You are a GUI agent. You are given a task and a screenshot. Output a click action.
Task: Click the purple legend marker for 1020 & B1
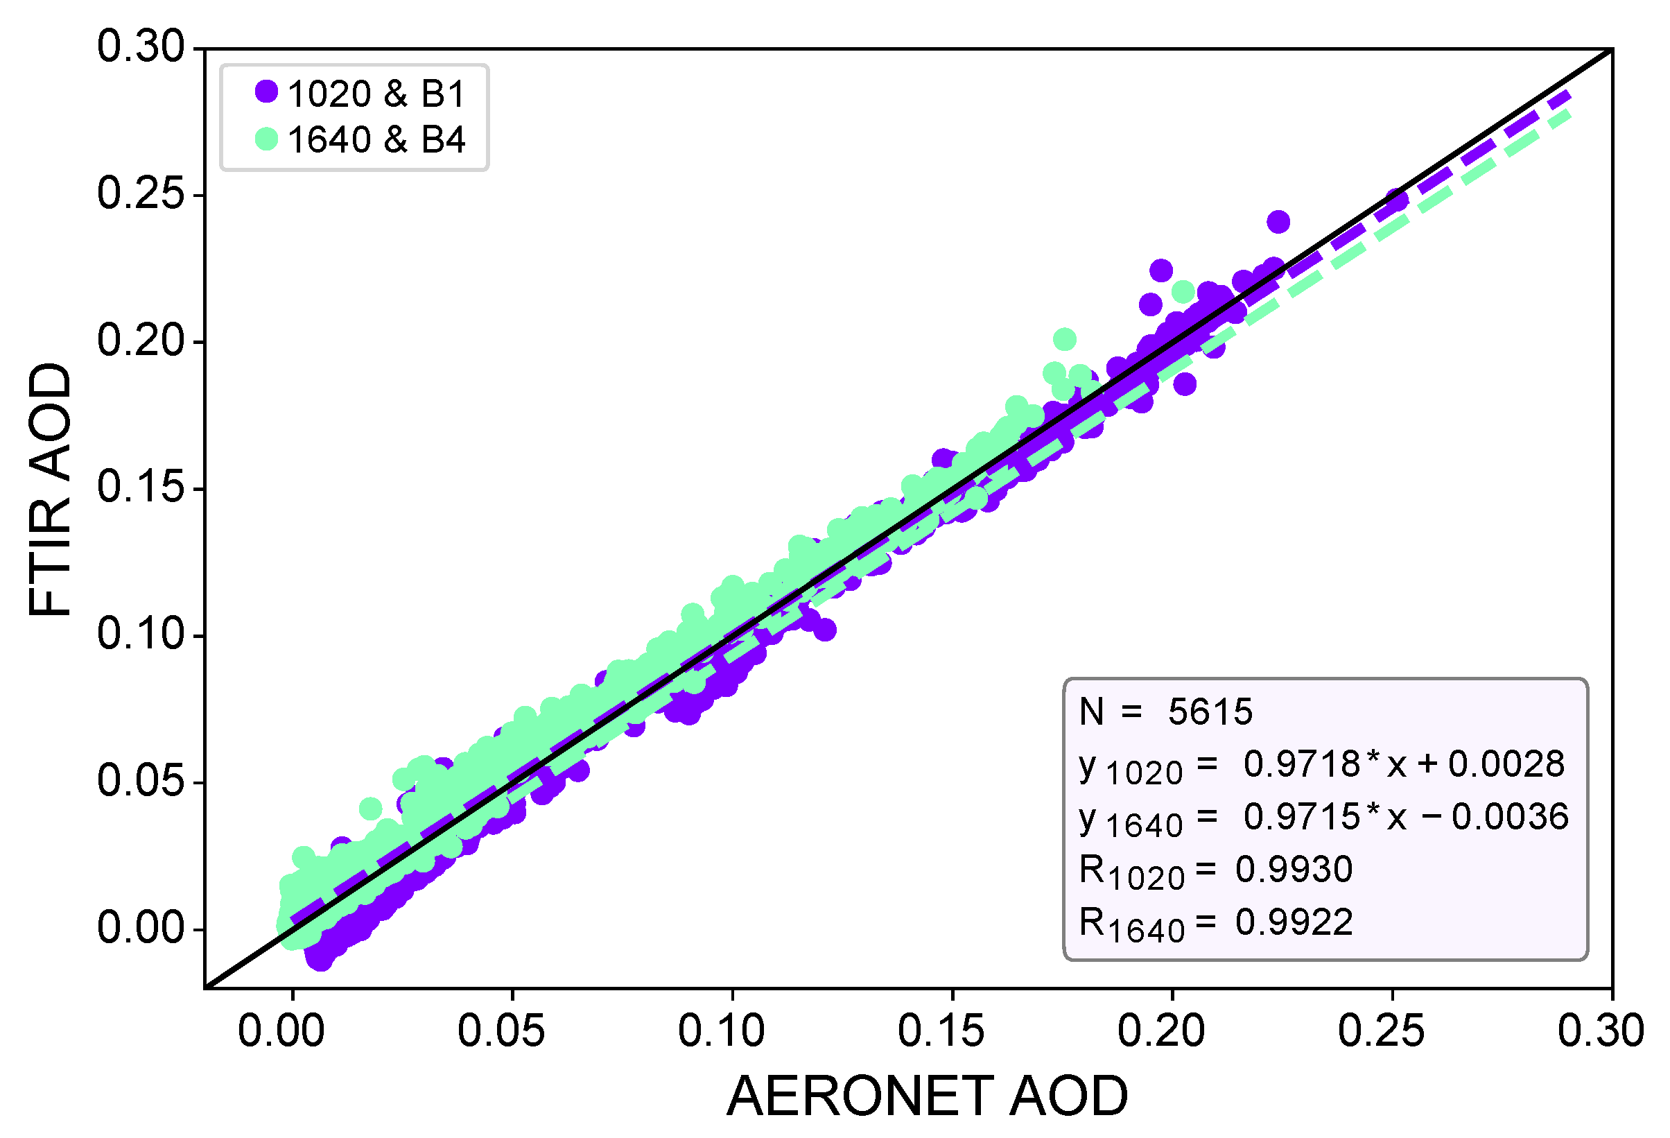[x=267, y=92]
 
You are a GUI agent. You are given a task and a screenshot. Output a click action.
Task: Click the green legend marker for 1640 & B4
[x=267, y=139]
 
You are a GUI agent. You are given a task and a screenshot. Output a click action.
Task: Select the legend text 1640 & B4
[x=376, y=139]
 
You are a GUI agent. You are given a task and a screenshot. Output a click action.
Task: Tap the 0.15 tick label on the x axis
[x=941, y=1031]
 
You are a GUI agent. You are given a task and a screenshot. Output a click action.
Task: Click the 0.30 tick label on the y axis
[x=141, y=47]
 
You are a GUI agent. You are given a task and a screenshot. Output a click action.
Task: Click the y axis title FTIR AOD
[x=51, y=489]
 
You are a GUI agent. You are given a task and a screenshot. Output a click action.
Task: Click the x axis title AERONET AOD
[x=927, y=1096]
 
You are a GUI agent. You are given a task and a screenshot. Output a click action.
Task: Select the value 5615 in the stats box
[x=1210, y=712]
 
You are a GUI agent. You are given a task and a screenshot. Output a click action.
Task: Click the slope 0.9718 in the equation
[x=1301, y=764]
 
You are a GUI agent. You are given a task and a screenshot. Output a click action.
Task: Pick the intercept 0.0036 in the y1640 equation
[x=1510, y=817]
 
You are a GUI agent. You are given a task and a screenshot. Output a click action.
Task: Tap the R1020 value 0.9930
[x=1294, y=869]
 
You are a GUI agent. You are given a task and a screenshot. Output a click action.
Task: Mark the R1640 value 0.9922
[x=1294, y=922]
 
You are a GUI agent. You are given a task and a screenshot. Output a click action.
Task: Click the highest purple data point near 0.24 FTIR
[x=1278, y=221]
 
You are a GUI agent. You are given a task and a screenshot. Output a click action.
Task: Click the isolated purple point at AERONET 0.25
[x=1396, y=200]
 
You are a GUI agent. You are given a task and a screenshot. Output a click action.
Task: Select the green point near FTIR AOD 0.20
[x=1064, y=339]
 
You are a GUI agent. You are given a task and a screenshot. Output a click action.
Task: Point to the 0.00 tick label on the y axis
[x=141, y=926]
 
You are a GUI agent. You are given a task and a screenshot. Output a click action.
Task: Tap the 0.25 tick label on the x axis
[x=1381, y=1031]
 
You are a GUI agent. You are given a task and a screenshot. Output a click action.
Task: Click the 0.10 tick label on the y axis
[x=141, y=634]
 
